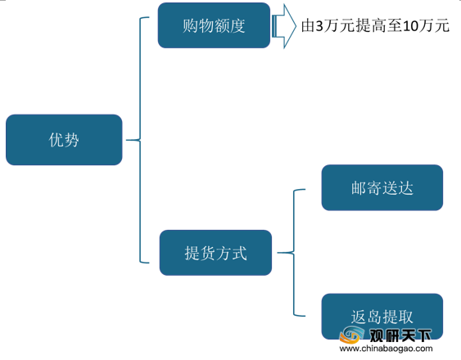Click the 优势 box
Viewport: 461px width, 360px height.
[x=64, y=140]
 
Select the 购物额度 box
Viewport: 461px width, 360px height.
[x=214, y=25]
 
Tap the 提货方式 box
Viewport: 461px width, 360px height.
[x=215, y=253]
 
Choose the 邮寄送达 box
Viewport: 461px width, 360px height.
[x=382, y=187]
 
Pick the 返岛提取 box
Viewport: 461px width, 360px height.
[x=382, y=317]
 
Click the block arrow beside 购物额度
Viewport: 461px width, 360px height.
[x=283, y=26]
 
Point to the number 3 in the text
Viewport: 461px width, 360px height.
[x=319, y=26]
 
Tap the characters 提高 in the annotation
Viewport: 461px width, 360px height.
[x=371, y=25]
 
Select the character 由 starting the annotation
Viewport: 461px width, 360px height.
[x=308, y=25]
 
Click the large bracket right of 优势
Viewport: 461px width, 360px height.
[x=140, y=140]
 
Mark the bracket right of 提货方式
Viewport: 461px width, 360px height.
[x=294, y=253]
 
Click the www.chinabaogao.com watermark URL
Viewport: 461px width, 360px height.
[x=386, y=349]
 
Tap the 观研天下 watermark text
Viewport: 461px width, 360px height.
[x=400, y=335]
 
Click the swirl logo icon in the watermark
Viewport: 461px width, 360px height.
[x=351, y=335]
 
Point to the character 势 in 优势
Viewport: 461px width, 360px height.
[x=71, y=140]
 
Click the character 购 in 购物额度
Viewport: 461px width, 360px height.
[x=190, y=25]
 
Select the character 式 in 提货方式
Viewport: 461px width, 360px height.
[x=239, y=253]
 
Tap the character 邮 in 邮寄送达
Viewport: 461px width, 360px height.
[x=359, y=188]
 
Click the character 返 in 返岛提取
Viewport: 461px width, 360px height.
[x=359, y=317]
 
